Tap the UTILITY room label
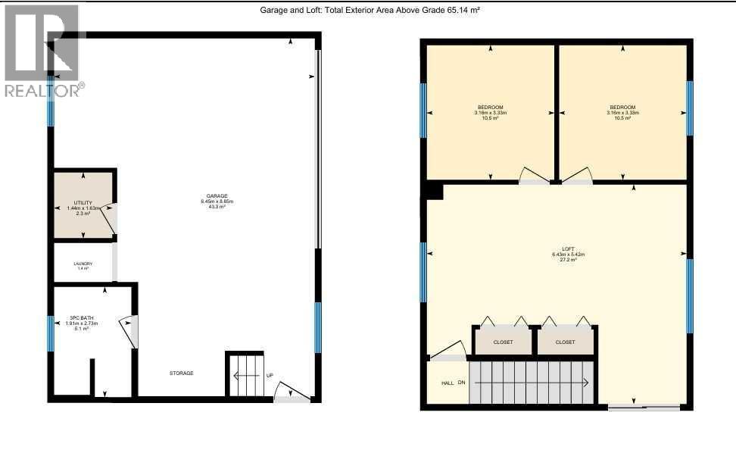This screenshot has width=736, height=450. point(83,202)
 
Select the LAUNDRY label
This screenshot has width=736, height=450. point(83,264)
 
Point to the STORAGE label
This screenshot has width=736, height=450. point(181,373)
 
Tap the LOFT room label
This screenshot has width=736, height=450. point(568,249)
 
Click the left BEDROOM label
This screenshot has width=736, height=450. point(490,107)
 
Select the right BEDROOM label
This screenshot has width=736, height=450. point(622,107)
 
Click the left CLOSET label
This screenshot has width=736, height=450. point(503,342)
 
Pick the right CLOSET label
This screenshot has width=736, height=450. point(565,342)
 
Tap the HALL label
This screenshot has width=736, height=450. point(448,383)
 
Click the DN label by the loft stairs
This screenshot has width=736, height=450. point(461,383)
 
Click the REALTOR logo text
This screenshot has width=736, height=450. point(44,90)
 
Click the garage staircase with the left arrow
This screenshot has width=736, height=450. point(245,375)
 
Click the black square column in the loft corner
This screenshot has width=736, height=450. point(434,191)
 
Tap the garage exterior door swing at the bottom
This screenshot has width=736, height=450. point(292,392)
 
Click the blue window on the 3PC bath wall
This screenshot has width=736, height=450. point(51,334)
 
